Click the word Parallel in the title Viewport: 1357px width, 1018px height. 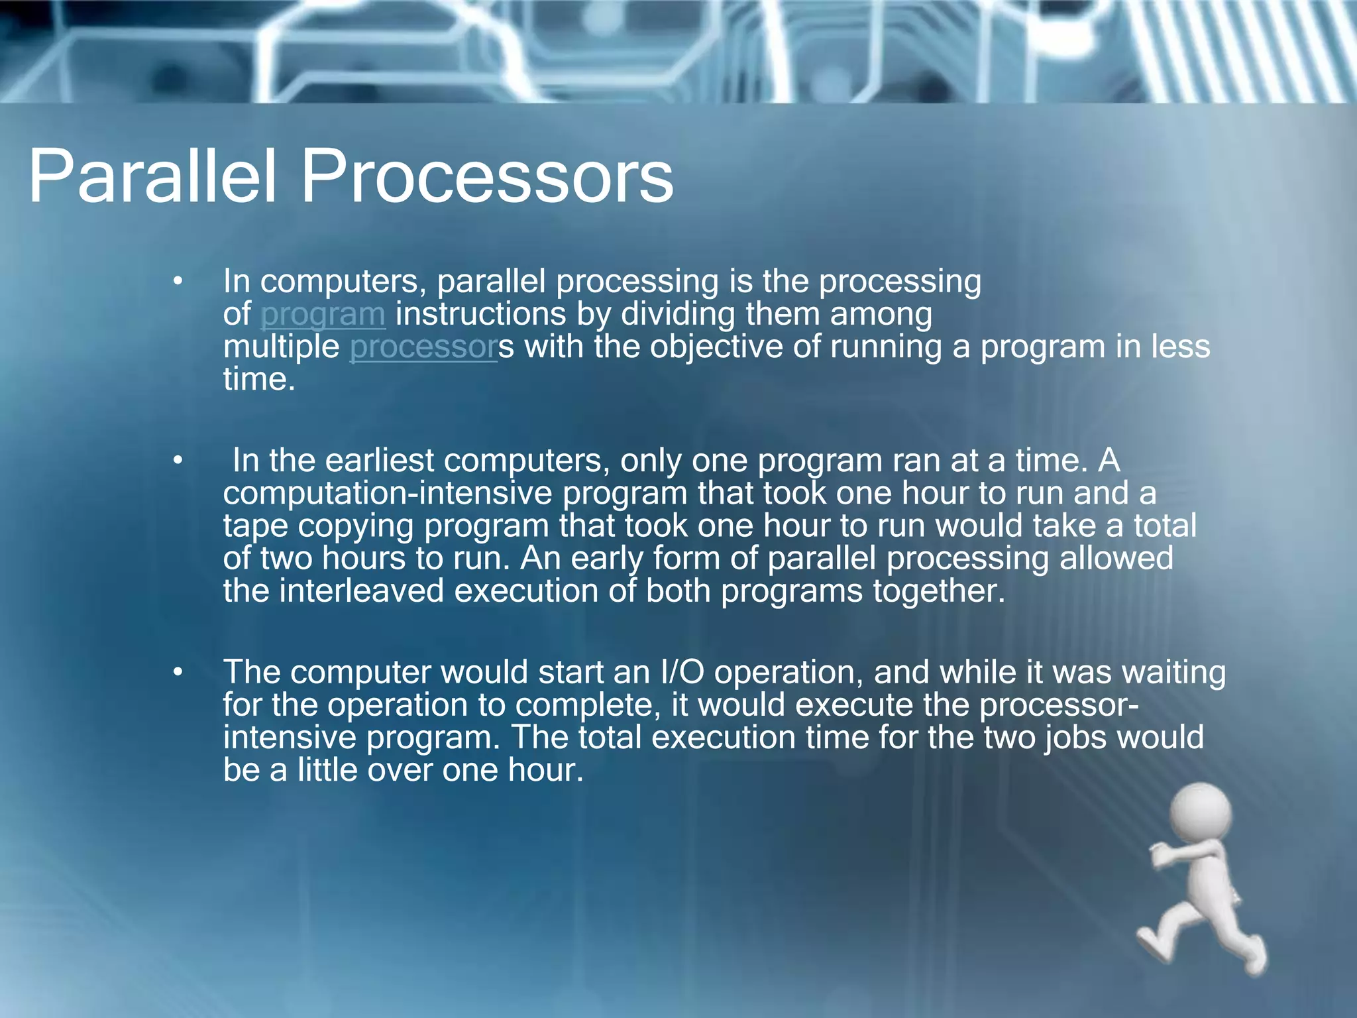151,176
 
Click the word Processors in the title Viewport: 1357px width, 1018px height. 487,176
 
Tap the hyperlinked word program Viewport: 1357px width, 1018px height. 323,314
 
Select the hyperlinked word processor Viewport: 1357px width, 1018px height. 422,347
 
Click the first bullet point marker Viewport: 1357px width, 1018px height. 177,282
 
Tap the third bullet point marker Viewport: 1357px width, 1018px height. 177,673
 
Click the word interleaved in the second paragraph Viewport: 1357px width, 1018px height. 361,591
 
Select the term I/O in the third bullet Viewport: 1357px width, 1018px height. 682,672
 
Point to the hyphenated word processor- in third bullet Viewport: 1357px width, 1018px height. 1059,705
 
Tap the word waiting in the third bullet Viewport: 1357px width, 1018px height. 1173,673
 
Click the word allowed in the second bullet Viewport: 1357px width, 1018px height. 1116,558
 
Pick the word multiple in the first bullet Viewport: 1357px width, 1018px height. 281,347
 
